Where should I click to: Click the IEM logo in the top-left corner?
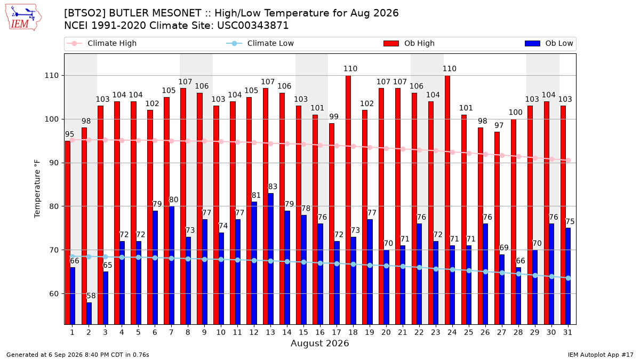click(x=23, y=18)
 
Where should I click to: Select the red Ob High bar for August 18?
click(x=348, y=200)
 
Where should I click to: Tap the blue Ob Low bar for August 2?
click(x=89, y=314)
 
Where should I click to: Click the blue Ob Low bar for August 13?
click(x=270, y=259)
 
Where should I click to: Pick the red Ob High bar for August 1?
click(x=67, y=233)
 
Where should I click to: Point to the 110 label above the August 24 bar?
click(x=450, y=69)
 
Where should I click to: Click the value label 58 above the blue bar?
click(x=91, y=295)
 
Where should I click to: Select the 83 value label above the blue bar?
click(x=273, y=187)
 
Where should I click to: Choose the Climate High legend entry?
click(x=101, y=43)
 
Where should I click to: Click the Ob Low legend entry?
click(x=549, y=43)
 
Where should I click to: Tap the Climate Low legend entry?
click(x=260, y=43)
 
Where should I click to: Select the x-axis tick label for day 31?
click(x=567, y=332)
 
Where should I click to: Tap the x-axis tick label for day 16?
click(x=320, y=332)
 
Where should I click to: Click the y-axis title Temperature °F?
click(x=37, y=189)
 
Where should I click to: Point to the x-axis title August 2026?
click(x=319, y=343)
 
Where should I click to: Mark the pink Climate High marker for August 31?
click(x=569, y=161)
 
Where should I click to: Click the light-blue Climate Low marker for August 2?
click(x=89, y=257)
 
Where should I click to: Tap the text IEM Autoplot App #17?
click(x=601, y=355)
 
